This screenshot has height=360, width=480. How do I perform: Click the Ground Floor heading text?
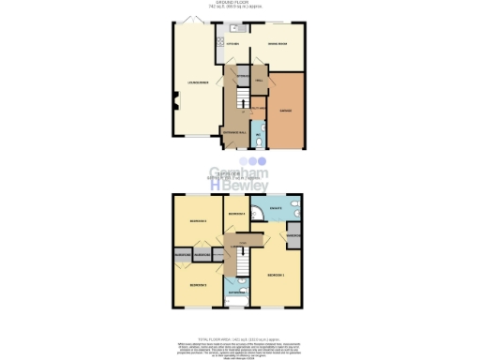(240, 3)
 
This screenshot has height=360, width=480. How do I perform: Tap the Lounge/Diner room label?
(194, 82)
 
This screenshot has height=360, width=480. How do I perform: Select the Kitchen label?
(235, 44)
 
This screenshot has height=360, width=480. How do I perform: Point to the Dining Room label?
(276, 44)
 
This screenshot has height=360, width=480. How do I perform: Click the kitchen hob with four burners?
(219, 42)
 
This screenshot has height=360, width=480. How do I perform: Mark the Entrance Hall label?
(233, 132)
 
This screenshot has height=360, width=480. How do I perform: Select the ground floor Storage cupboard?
(242, 75)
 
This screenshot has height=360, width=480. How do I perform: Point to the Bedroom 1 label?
(276, 275)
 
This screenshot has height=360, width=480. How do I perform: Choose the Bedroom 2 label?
(197, 283)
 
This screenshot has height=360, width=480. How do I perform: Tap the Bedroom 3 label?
(197, 221)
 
